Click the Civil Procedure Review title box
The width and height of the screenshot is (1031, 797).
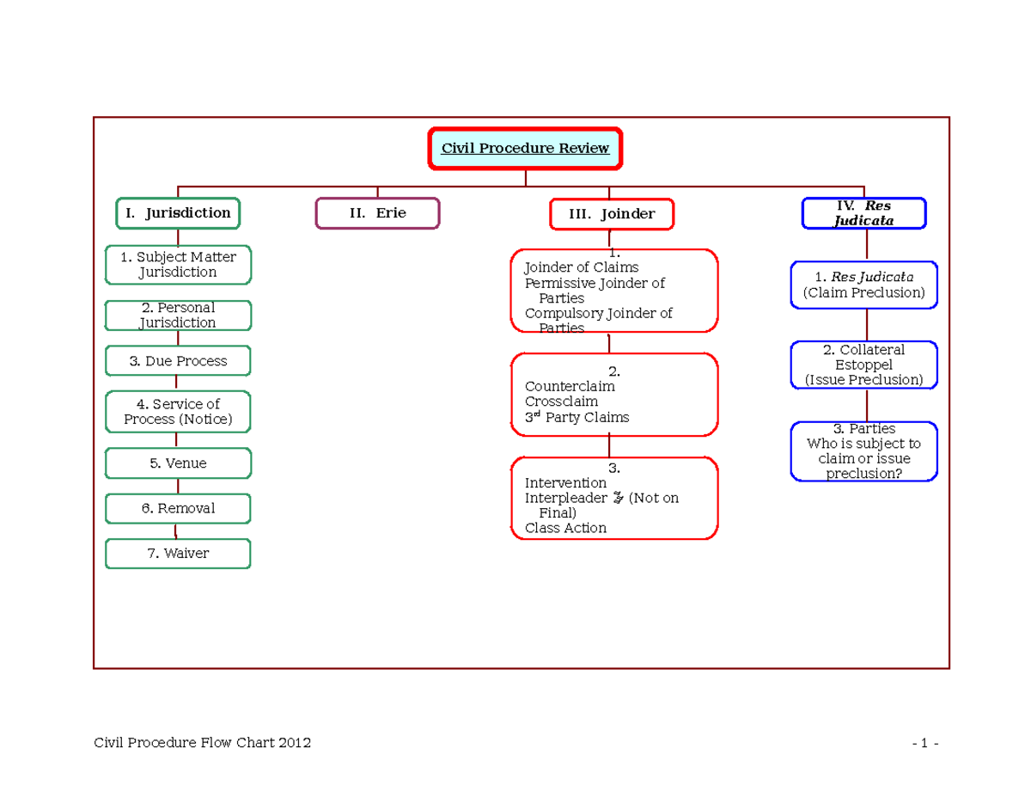tap(525, 149)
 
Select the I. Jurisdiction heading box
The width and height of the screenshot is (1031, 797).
tap(178, 213)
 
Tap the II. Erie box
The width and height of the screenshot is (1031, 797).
tap(377, 213)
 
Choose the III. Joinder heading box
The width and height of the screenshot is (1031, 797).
tap(612, 214)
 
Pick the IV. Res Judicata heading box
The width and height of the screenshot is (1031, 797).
tap(863, 213)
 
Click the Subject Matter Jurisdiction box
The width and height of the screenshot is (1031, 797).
tap(178, 265)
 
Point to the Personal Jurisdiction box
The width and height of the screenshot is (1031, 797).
tap(178, 315)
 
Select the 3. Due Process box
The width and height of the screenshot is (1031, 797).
tap(178, 361)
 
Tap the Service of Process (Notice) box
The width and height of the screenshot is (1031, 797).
tap(178, 412)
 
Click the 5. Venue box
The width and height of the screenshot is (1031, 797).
tap(178, 463)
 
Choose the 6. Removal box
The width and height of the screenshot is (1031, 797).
tap(178, 508)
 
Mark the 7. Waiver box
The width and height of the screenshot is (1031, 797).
tap(178, 554)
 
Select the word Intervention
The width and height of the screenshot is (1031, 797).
tap(565, 483)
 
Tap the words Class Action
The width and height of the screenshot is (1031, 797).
tap(565, 528)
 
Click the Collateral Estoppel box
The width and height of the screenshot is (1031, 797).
tap(863, 365)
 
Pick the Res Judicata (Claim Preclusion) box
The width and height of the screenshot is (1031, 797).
tap(863, 285)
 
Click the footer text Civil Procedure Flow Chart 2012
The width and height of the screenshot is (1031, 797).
tap(203, 743)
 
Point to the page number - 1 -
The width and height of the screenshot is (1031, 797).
tap(925, 744)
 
